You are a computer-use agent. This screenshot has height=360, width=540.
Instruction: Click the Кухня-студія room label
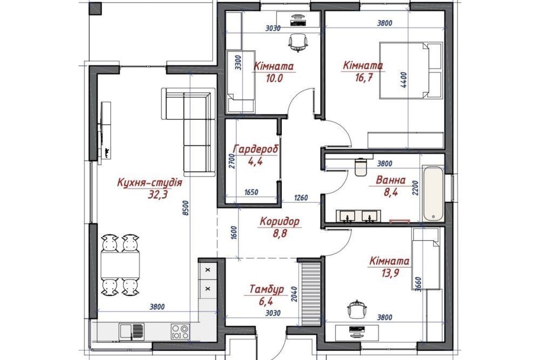tap(150, 182)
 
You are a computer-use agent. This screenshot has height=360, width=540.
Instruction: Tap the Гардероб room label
tap(255, 150)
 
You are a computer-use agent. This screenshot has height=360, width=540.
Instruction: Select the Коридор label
tap(279, 221)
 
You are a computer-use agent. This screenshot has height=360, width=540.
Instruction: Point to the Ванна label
tap(390, 180)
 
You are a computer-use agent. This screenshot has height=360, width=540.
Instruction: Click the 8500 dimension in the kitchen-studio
tap(186, 208)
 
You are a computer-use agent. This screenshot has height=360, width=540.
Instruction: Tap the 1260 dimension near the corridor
tap(301, 198)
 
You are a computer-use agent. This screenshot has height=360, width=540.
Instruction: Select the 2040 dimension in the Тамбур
tap(294, 294)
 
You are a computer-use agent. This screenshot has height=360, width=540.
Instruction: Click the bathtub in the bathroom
tap(433, 193)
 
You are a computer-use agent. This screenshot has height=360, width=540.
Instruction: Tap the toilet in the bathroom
tap(361, 167)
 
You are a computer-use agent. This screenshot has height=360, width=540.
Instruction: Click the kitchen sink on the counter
tap(131, 331)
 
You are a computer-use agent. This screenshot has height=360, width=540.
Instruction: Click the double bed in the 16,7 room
tap(410, 70)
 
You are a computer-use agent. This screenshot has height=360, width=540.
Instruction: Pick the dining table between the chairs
tap(120, 264)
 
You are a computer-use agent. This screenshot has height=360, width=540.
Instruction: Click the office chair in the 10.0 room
tap(298, 43)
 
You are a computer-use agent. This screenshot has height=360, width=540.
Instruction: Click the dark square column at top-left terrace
tap(96, 9)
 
